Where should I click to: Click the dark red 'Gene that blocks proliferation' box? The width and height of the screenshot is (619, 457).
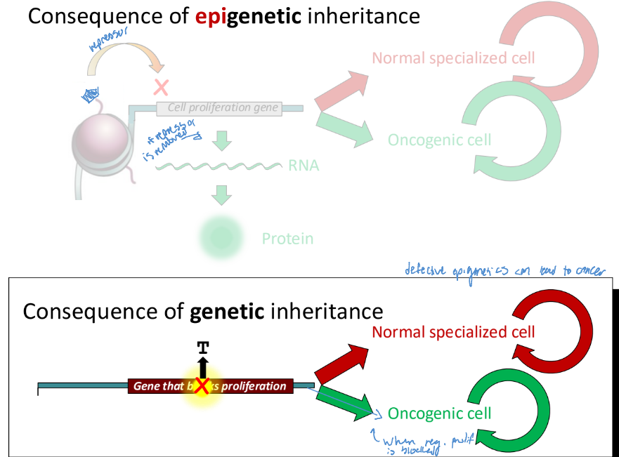coord(210,386)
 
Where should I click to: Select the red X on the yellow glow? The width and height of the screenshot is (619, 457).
coord(202,385)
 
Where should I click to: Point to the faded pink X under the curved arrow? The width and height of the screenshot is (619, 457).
coord(162,87)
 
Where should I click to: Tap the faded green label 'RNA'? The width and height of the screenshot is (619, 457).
coord(304,166)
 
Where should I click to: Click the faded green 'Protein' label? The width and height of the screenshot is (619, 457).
coord(287,239)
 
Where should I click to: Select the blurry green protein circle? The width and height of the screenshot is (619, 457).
coord(222,237)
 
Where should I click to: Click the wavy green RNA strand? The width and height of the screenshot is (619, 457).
coord(218,166)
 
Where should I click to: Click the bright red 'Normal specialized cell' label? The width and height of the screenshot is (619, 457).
coord(453,331)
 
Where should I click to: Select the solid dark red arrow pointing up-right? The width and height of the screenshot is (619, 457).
coord(341,363)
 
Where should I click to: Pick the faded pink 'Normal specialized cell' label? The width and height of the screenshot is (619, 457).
coord(453,58)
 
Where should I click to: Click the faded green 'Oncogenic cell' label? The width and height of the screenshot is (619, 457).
coord(439,140)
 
